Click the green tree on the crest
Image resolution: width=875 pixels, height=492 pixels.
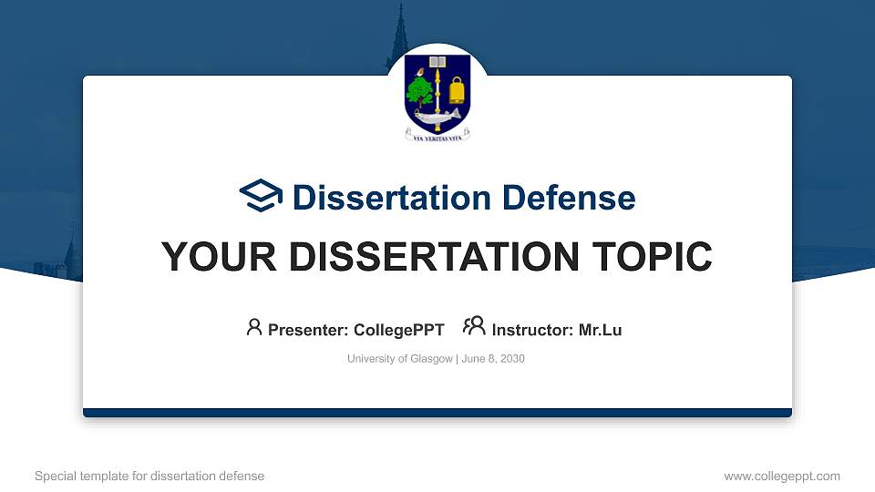tap(420, 90)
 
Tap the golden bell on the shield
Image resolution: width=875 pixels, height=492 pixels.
tap(457, 90)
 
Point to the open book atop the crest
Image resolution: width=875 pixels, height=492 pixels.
tap(437, 63)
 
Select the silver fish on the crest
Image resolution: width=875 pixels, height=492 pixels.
tap(437, 116)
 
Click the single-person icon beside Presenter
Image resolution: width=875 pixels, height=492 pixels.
tap(254, 327)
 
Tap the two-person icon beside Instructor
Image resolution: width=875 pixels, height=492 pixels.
tap(474, 327)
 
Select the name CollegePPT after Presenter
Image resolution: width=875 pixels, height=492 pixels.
tap(400, 330)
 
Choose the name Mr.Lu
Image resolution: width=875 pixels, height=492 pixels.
tap(600, 330)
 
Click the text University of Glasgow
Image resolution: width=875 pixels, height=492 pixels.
tap(399, 359)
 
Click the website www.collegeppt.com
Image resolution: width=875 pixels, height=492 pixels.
tap(782, 476)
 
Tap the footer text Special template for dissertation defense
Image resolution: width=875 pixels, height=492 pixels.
tap(149, 476)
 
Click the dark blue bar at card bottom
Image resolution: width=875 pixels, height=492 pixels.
tap(437, 413)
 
